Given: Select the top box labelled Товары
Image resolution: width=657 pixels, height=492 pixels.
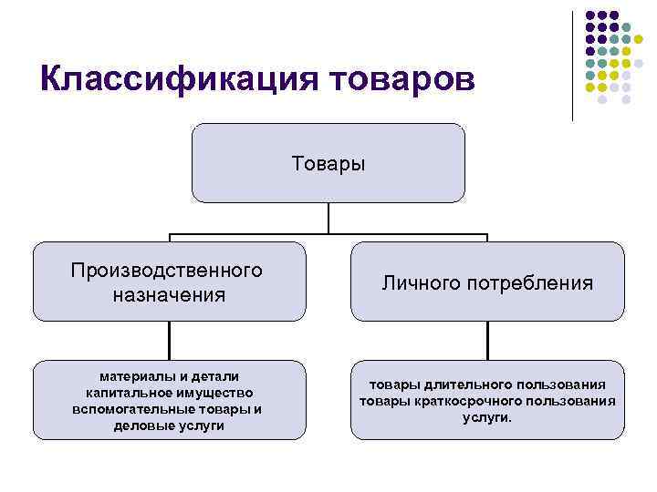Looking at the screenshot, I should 328,163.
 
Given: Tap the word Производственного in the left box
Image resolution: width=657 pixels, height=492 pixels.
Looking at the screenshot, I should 170,271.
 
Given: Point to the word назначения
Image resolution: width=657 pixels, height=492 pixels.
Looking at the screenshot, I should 170,294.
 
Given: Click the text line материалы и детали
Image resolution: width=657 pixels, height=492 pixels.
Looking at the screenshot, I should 169,376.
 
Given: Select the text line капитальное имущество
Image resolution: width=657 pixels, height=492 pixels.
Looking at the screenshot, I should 169,393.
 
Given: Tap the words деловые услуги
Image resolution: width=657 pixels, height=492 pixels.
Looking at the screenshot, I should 169,425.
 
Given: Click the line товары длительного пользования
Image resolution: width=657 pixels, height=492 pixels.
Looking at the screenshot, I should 487,385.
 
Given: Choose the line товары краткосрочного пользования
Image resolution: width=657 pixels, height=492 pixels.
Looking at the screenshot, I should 487,401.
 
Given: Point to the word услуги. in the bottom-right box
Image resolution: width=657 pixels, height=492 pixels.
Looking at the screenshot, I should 487,417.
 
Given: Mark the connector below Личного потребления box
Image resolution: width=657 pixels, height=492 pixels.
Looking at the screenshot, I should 487,340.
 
